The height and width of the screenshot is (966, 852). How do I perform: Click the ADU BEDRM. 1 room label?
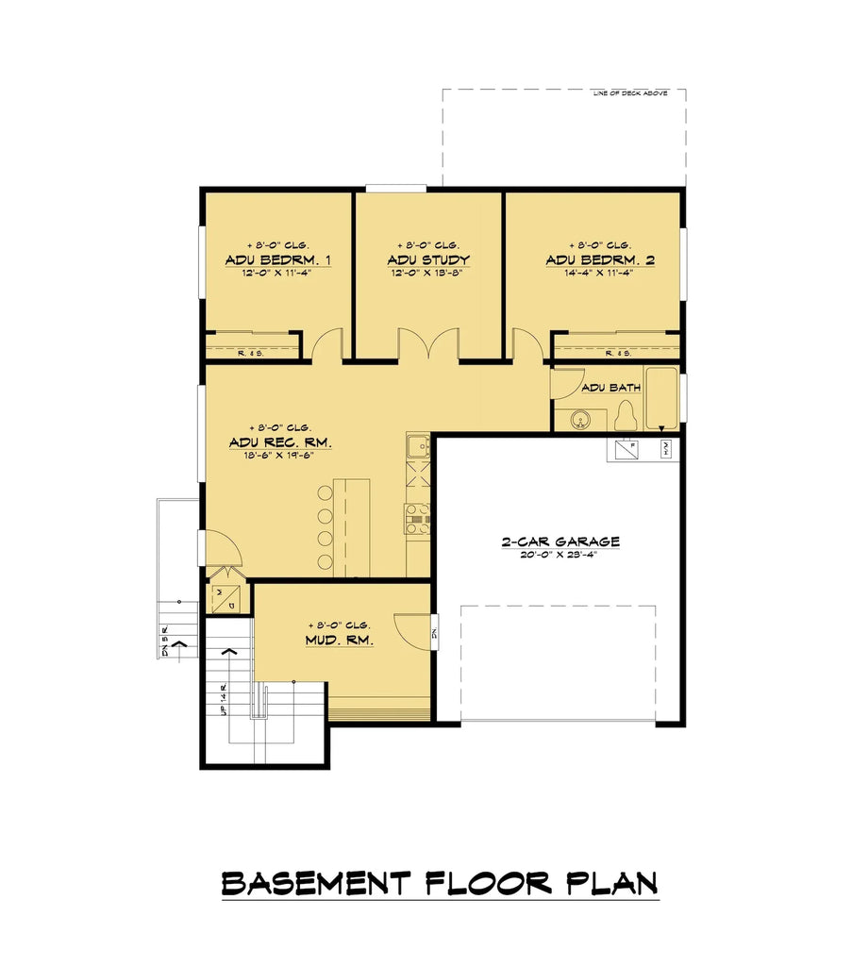pos(277,259)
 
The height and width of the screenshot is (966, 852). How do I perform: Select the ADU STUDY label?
pos(427,259)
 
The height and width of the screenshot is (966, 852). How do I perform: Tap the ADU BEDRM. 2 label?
pos(599,259)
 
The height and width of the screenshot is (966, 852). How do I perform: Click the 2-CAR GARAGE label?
pos(560,541)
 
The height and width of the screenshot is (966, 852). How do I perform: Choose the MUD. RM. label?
pos(339,640)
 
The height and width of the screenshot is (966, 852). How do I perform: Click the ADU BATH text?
pos(610,388)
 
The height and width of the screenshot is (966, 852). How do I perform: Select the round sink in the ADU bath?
pos(578,418)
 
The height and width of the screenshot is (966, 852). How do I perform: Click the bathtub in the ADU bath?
pos(661,396)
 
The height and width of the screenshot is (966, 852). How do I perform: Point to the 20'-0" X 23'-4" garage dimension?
pos(560,556)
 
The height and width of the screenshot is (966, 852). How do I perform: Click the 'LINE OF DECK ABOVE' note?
pos(630,93)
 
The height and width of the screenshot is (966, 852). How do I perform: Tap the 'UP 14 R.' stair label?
pos(224,698)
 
